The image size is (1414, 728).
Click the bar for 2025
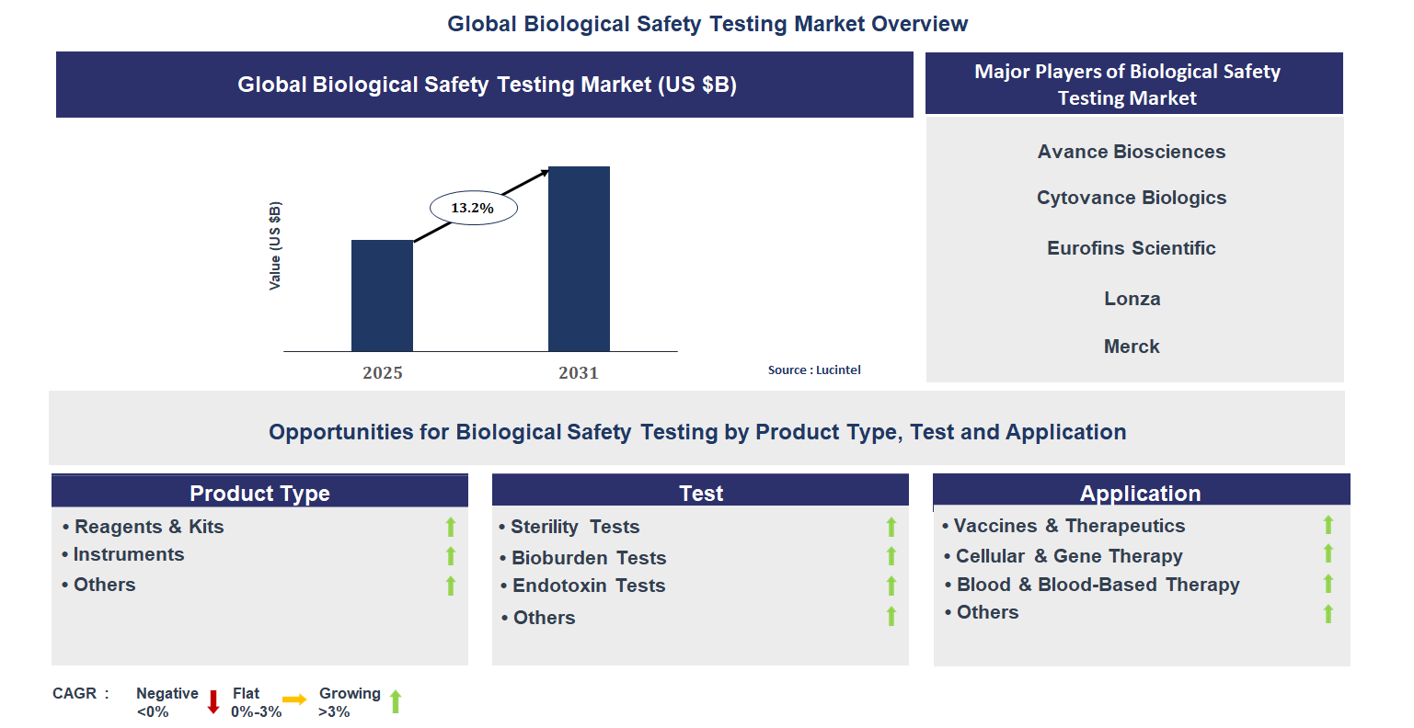pyautogui.click(x=382, y=295)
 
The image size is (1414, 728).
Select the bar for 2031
pyautogui.click(x=579, y=258)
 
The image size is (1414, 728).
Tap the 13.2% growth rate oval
pyautogui.click(x=474, y=209)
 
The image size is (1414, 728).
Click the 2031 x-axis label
pyautogui.click(x=579, y=373)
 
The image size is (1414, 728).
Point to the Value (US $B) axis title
pyautogui.click(x=275, y=245)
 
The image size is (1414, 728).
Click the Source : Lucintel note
pyautogui.click(x=814, y=370)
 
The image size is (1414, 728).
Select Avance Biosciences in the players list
pyautogui.click(x=1132, y=152)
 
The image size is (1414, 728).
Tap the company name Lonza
pyautogui.click(x=1132, y=299)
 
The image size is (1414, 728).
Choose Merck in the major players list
pyautogui.click(x=1132, y=347)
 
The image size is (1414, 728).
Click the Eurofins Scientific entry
pyautogui.click(x=1132, y=248)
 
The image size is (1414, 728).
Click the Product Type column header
pyautogui.click(x=259, y=493)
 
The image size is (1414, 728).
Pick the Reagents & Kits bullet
pyautogui.click(x=148, y=527)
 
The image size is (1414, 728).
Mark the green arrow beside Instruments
pyautogui.click(x=451, y=556)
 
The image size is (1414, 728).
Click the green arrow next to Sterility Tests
pyautogui.click(x=891, y=527)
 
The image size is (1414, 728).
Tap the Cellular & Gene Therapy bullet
pyautogui.click(x=1068, y=556)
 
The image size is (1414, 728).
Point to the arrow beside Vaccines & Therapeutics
pyautogui.click(x=1328, y=525)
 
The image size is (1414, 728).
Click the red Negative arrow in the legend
pyautogui.click(x=213, y=702)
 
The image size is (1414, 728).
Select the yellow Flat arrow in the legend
pyautogui.click(x=294, y=700)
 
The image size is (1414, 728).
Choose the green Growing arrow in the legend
pyautogui.click(x=396, y=702)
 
